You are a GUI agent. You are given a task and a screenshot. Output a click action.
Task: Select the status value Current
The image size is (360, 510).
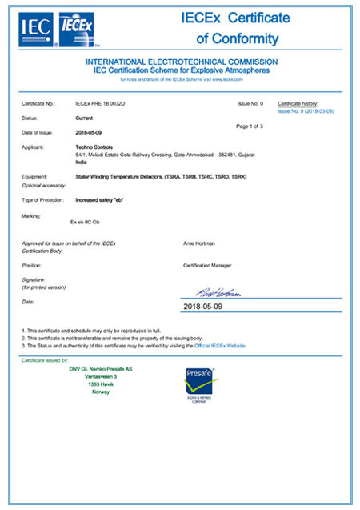[x=82, y=118]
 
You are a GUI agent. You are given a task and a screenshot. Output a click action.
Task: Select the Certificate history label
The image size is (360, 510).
[x=300, y=104]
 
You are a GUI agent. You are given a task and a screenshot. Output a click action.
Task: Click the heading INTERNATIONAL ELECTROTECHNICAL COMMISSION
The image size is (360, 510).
[x=182, y=62]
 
